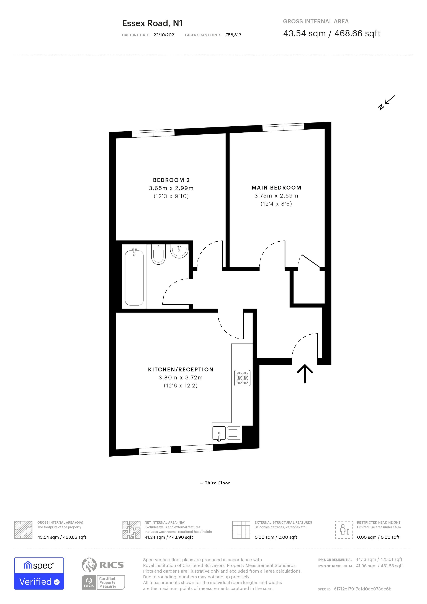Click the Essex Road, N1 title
pos(152,23)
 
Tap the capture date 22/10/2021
pos(165,35)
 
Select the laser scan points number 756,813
pos(233,35)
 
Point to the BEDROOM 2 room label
pos(171,180)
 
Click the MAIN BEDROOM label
pos(276,188)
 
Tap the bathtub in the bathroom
pos(134,278)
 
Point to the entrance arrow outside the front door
pos(305,373)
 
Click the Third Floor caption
pos(217,483)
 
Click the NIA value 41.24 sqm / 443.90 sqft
pos(169,538)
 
